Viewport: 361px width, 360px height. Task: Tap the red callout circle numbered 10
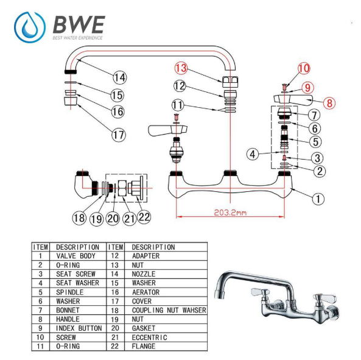coord(304,68)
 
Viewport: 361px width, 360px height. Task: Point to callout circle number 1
coord(318,198)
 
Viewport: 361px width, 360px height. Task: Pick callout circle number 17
coord(118,135)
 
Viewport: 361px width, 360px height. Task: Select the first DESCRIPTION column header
coord(77,247)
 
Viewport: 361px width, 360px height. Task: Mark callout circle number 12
coord(179,86)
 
